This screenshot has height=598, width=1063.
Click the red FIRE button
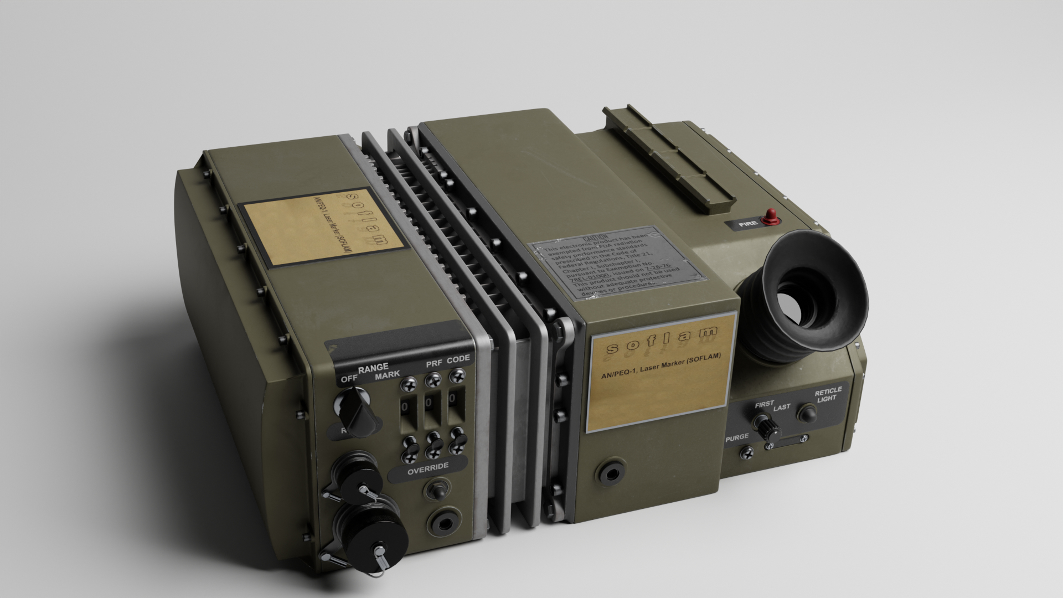(x=770, y=218)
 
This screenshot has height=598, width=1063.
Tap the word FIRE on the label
(x=747, y=225)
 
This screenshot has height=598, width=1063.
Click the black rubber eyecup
(x=803, y=299)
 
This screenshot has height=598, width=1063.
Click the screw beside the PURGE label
(x=747, y=453)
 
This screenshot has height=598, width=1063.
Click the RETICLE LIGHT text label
(x=827, y=394)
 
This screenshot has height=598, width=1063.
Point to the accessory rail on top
(x=670, y=158)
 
